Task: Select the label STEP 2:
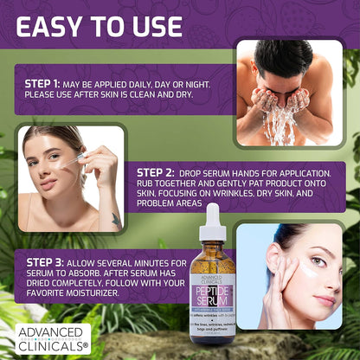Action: [157, 172]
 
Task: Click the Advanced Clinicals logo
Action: [51, 337]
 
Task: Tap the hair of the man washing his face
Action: [282, 57]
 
